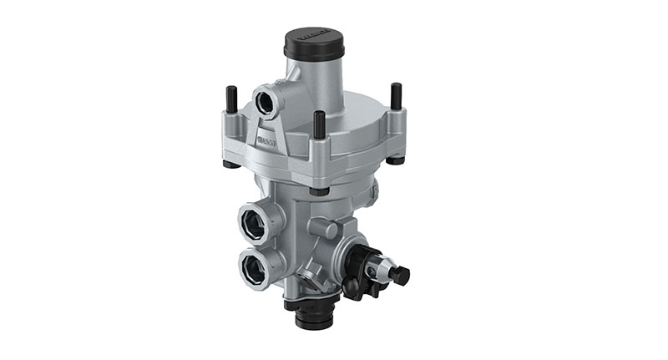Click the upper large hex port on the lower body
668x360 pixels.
click(x=253, y=223)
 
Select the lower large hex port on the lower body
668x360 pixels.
click(x=253, y=268)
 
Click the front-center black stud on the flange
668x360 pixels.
click(x=319, y=124)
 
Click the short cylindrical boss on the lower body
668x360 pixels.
click(x=323, y=228)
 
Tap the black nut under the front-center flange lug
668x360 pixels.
click(x=319, y=190)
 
